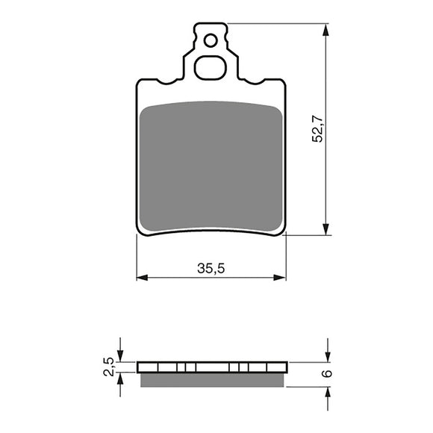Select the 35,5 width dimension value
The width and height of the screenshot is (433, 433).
point(211,270)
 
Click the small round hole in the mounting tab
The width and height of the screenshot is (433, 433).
point(211,40)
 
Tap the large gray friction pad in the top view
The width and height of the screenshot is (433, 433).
point(211,164)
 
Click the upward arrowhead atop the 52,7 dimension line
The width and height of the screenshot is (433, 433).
point(326,30)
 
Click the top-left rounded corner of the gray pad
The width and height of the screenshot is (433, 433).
point(146,109)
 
